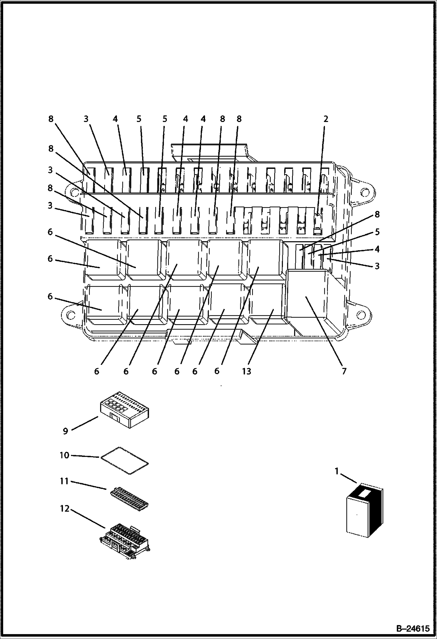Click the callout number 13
[247, 371]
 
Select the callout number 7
[344, 371]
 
